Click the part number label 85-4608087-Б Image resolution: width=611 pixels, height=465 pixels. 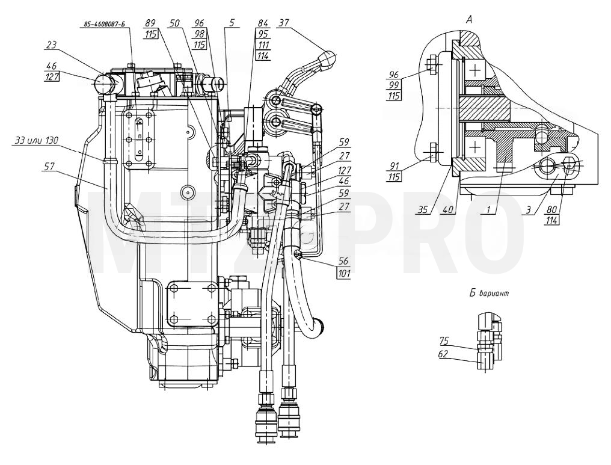(103, 24)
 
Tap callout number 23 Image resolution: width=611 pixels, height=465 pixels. (51, 45)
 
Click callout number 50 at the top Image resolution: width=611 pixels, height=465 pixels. (174, 23)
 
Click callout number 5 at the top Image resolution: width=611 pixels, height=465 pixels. (232, 23)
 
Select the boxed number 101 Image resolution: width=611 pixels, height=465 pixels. (343, 273)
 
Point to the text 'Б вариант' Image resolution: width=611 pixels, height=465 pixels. (490, 294)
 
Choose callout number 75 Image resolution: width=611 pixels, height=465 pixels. (444, 341)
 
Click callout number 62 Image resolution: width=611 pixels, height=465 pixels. (444, 354)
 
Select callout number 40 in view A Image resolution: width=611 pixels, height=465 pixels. (448, 209)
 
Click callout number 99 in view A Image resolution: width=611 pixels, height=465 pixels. (395, 84)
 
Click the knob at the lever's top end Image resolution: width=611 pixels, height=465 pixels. (326, 57)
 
